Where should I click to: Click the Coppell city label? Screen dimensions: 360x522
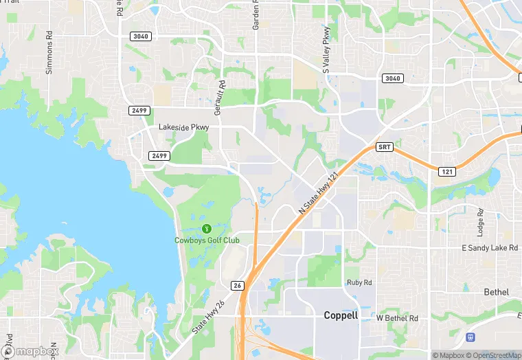(x=341, y=315)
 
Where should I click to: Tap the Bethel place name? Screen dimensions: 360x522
(x=496, y=292)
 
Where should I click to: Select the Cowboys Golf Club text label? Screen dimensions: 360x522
(x=207, y=240)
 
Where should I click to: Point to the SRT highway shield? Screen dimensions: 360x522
(x=385, y=148)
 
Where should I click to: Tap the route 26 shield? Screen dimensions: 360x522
(x=237, y=285)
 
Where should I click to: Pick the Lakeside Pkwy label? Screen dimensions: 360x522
(x=183, y=127)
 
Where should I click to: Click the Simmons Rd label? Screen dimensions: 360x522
(x=49, y=52)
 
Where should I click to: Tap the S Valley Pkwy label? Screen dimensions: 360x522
(x=327, y=49)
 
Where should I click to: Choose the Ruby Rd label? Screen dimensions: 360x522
(x=359, y=282)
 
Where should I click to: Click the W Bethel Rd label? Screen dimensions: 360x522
(x=397, y=318)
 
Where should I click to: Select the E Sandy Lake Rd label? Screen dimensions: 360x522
(x=489, y=247)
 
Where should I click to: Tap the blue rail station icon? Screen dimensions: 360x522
(x=471, y=337)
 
